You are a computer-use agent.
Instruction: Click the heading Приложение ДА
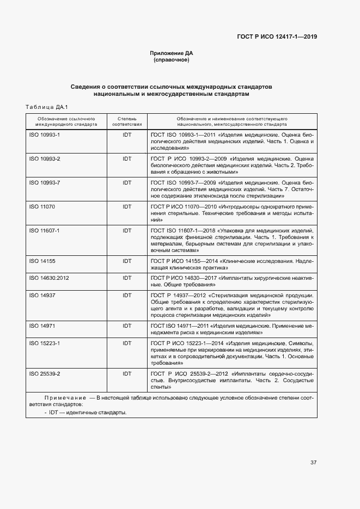172,53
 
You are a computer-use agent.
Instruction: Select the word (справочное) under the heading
172,60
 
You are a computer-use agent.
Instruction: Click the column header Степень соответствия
127,121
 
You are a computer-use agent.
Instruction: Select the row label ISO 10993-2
44,158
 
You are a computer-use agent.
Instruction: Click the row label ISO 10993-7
44,183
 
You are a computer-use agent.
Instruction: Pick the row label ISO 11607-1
44,231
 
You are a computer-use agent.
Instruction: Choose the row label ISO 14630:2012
48,278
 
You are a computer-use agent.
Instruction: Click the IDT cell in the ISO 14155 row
127,261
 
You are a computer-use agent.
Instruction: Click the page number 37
313,463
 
